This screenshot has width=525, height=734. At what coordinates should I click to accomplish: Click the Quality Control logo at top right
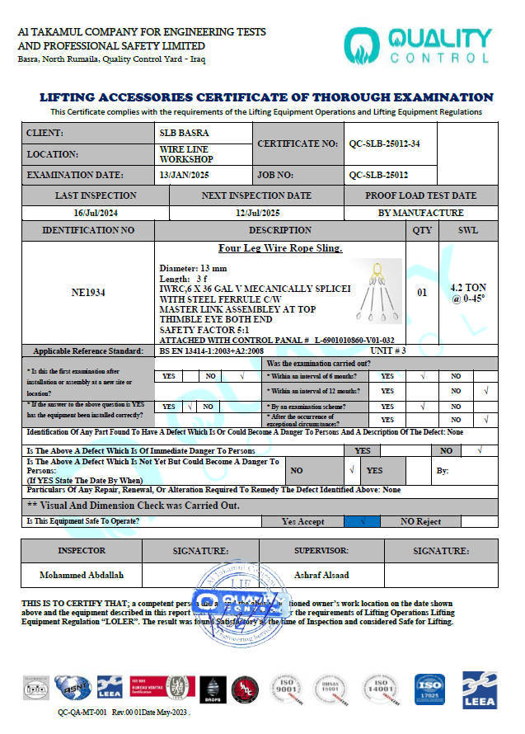[x=418, y=46]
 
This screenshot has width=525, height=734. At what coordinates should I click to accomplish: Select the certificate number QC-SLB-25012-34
[x=384, y=144]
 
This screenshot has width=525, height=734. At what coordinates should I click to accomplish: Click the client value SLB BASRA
[x=184, y=133]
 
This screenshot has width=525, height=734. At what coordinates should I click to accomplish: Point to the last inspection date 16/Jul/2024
[x=96, y=213]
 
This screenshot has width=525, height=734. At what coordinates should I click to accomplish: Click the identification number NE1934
[x=88, y=292]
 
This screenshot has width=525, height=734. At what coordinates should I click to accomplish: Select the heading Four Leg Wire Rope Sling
[x=280, y=248]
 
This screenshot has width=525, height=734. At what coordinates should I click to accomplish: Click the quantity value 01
[x=422, y=292]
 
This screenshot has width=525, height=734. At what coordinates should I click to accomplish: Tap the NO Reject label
[x=420, y=521]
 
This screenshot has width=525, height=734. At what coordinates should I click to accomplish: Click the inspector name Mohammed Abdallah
[x=81, y=575]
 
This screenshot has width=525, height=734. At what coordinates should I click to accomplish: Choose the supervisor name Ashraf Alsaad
[x=321, y=575]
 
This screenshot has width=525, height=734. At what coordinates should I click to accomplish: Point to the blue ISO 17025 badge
[x=428, y=688]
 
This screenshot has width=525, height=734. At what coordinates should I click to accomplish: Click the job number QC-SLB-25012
[x=378, y=175]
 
